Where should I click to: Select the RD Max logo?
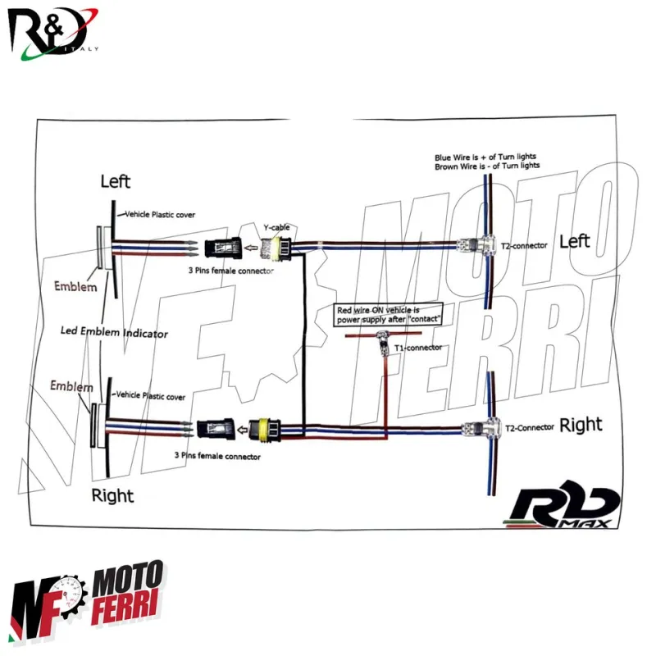click(566, 508)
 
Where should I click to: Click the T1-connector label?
click(418, 348)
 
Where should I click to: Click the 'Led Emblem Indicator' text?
click(115, 333)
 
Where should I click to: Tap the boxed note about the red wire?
click(389, 314)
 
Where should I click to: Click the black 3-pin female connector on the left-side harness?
click(221, 245)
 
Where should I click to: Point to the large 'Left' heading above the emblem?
click(115, 181)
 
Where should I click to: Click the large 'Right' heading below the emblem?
click(112, 495)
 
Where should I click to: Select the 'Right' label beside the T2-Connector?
click(581, 425)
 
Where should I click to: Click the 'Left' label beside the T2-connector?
click(574, 241)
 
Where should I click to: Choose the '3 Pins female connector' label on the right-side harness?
click(217, 456)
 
